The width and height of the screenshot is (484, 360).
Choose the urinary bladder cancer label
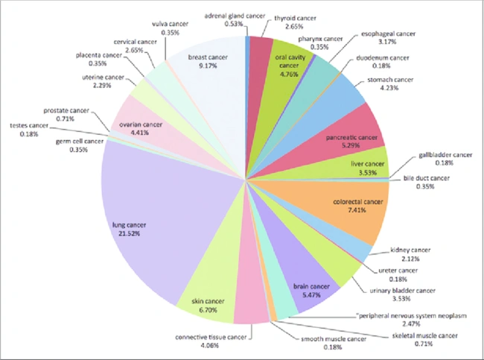pyautogui.click(x=403, y=290)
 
